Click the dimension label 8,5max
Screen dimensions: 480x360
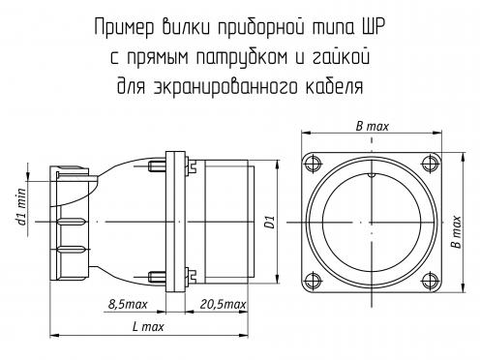(x=128, y=304)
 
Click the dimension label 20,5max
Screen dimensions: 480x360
(x=223, y=304)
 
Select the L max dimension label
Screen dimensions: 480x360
(x=148, y=327)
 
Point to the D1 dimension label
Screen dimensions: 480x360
(x=270, y=223)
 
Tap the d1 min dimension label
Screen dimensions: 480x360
(x=21, y=206)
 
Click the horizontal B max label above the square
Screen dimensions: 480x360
(x=373, y=126)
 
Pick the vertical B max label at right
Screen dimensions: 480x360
(x=457, y=232)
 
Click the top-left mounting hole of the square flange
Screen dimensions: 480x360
(x=313, y=163)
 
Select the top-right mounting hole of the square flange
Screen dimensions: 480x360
(x=431, y=163)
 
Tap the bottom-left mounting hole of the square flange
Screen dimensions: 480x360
(x=313, y=281)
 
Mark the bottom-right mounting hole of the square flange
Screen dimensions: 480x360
(x=431, y=281)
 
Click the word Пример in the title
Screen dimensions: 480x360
(x=125, y=28)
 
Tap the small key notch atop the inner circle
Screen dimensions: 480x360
(x=372, y=175)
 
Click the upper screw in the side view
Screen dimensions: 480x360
(x=157, y=166)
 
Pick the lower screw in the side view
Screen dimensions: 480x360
(x=157, y=276)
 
